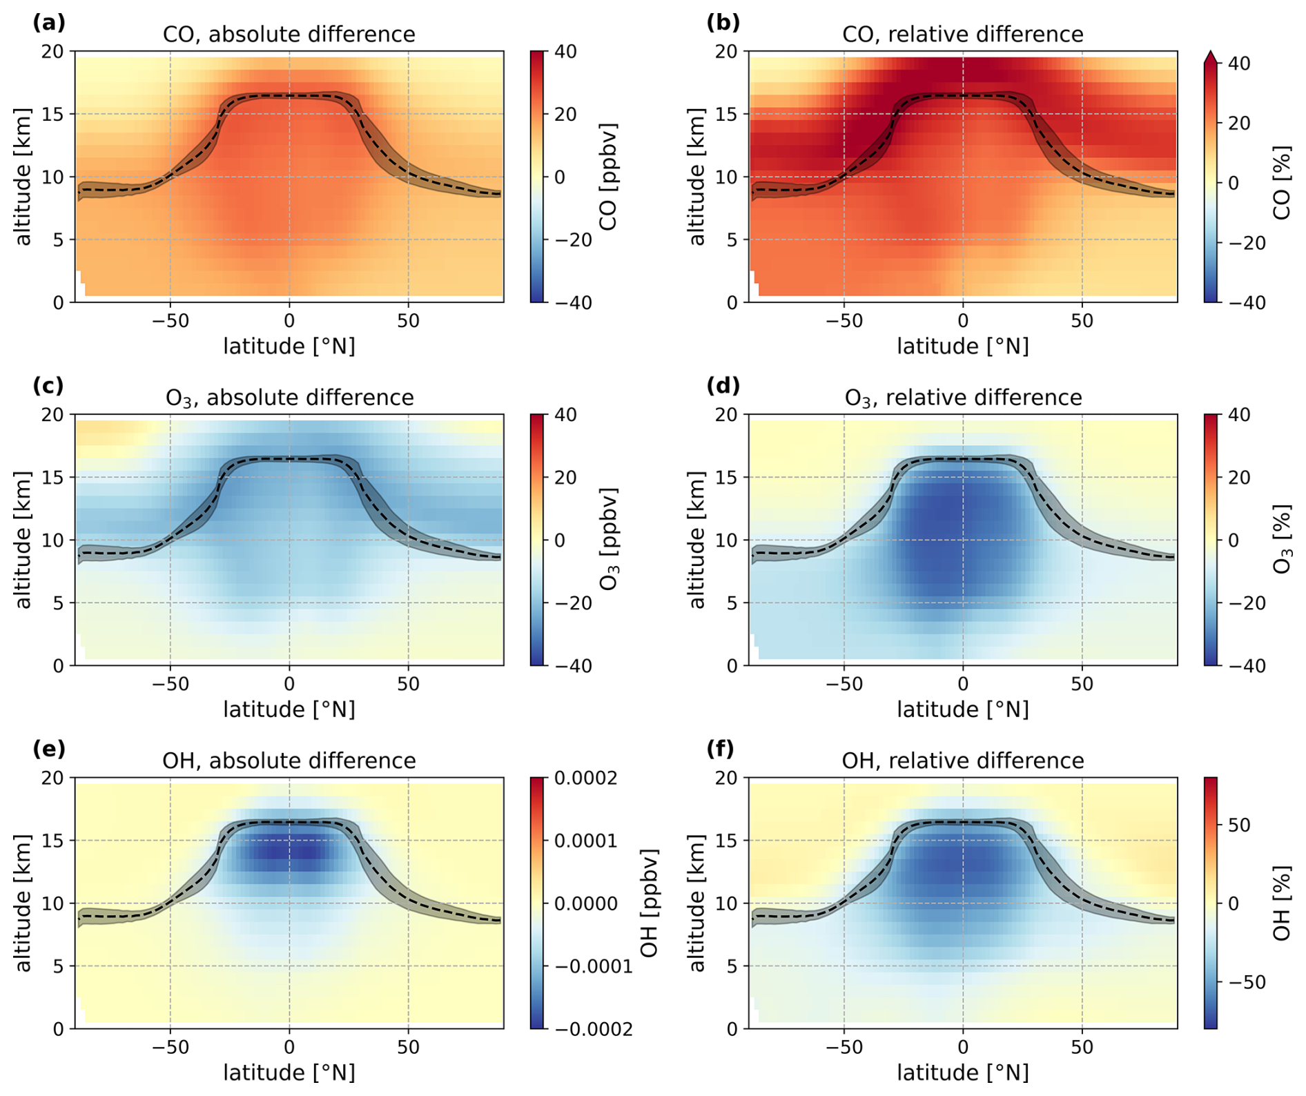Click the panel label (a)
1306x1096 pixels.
[x=48, y=23]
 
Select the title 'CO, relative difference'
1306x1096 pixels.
[x=962, y=35]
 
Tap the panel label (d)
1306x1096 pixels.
[x=723, y=386]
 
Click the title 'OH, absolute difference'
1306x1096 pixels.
[x=289, y=761]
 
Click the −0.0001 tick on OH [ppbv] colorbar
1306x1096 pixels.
[x=593, y=966]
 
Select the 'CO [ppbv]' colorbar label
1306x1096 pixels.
[x=607, y=177]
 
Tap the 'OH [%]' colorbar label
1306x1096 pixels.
[x=1282, y=903]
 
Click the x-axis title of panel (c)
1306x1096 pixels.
[x=289, y=710]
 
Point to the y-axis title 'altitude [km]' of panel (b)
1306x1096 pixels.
[x=697, y=177]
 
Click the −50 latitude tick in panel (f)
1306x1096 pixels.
[x=844, y=1048]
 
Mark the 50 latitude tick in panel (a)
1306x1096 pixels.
[x=408, y=322]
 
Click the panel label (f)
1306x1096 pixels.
[x=723, y=749]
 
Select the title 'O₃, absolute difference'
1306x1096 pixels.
[x=289, y=398]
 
